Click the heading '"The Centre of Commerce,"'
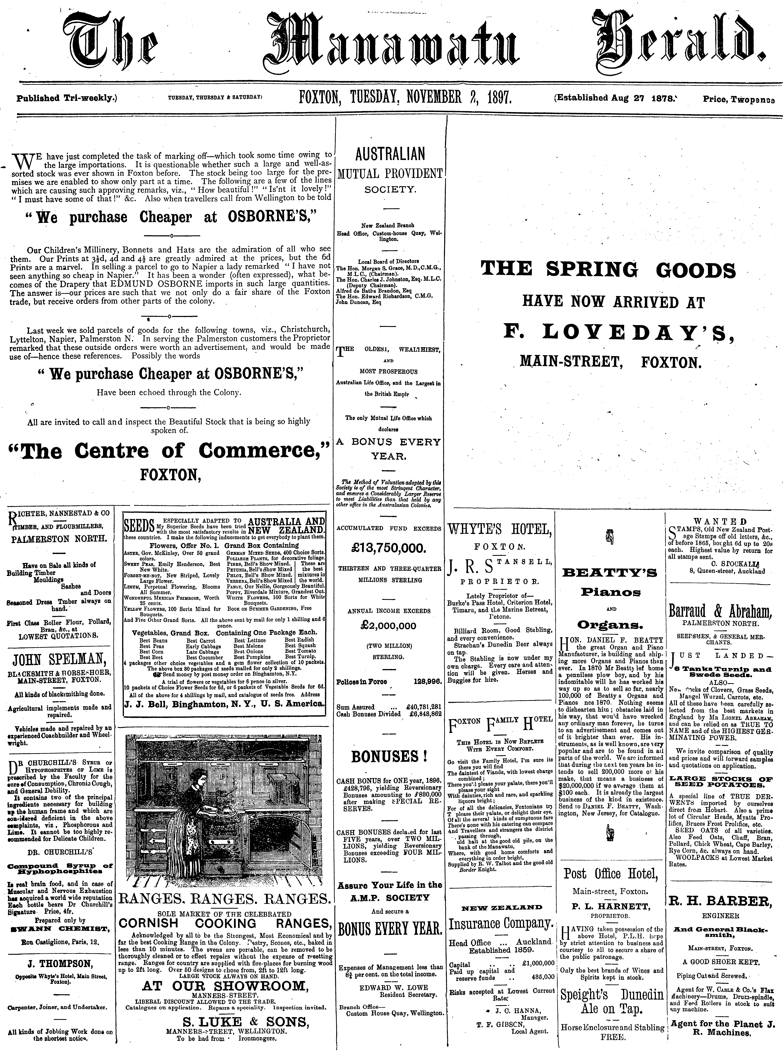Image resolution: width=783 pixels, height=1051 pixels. [x=170, y=451]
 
